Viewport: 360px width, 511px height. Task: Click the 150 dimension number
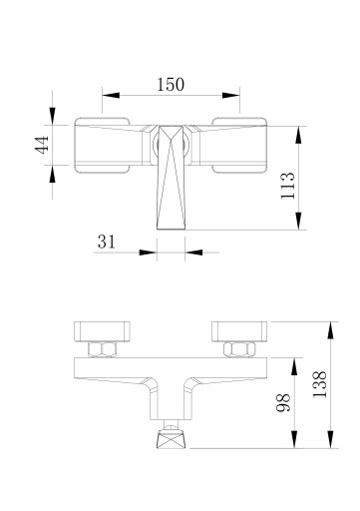pyautogui.click(x=171, y=85)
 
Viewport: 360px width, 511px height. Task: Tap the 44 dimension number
pyautogui.click(x=42, y=145)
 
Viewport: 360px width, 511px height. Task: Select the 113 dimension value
pyautogui.click(x=288, y=186)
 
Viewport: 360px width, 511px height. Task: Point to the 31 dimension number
pyautogui.click(x=107, y=242)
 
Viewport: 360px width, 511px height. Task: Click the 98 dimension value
pyautogui.click(x=283, y=402)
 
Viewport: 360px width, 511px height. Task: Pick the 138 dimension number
pyautogui.click(x=320, y=384)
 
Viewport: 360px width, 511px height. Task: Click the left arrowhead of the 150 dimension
pyautogui.click(x=111, y=95)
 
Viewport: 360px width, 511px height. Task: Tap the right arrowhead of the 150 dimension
pyautogui.click(x=231, y=95)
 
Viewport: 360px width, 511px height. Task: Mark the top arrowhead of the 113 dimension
pyautogui.click(x=299, y=135)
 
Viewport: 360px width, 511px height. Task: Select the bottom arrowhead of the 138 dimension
pyautogui.click(x=330, y=439)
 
